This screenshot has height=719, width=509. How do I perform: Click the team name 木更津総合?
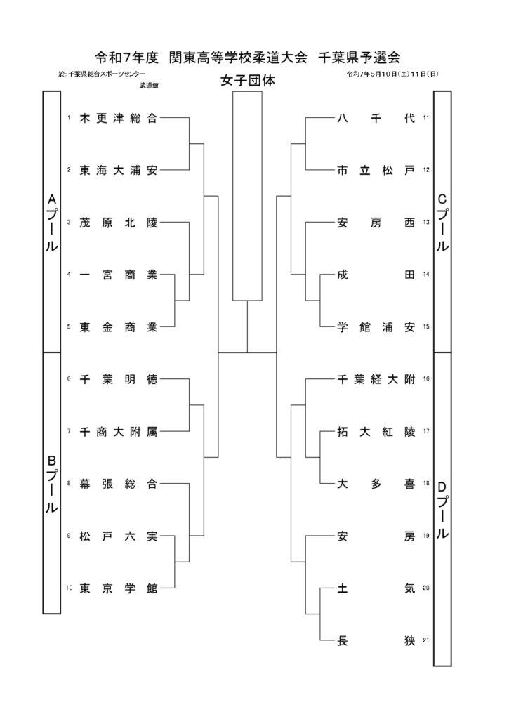click(x=119, y=118)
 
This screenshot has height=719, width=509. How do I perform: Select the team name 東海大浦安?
click(x=119, y=171)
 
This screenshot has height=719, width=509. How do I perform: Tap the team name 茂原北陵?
click(x=119, y=223)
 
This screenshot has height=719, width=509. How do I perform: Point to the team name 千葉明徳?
click(x=119, y=379)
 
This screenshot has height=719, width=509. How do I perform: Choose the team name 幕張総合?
click(x=119, y=484)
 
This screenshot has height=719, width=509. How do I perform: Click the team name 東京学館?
click(x=119, y=588)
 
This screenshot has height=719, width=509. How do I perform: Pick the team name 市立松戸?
click(x=376, y=171)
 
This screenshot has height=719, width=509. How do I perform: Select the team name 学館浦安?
click(x=376, y=327)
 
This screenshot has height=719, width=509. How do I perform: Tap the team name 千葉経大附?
click(x=376, y=379)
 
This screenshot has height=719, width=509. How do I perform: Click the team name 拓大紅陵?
click(x=376, y=432)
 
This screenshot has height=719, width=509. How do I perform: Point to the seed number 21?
click(x=426, y=640)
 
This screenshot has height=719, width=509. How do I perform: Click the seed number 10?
click(x=70, y=588)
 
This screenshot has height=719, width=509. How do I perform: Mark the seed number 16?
click(x=426, y=378)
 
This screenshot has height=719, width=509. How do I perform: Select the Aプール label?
click(x=52, y=222)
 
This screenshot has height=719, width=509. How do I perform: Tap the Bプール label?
click(x=52, y=483)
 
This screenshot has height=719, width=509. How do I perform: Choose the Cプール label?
click(x=442, y=222)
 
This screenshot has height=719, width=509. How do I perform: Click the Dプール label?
click(x=442, y=510)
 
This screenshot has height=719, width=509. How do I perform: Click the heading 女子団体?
click(x=248, y=81)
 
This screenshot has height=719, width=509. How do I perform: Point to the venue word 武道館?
click(x=149, y=85)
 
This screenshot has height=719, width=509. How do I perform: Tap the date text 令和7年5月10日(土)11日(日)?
click(x=393, y=73)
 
